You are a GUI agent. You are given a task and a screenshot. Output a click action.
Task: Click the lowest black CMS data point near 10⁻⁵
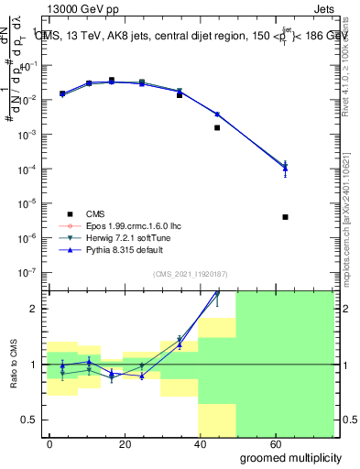(286, 217)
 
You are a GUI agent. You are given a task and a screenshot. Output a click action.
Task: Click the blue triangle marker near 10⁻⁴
(286, 167)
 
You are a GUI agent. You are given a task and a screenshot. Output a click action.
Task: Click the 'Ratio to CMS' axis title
(14, 364)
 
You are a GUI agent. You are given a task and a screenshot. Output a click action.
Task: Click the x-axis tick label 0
(50, 443)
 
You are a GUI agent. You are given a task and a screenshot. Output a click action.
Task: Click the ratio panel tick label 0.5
(32, 420)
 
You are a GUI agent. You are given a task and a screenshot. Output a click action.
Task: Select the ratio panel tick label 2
(37, 309)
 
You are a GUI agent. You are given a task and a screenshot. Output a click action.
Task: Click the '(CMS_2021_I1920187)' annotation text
(190, 274)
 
